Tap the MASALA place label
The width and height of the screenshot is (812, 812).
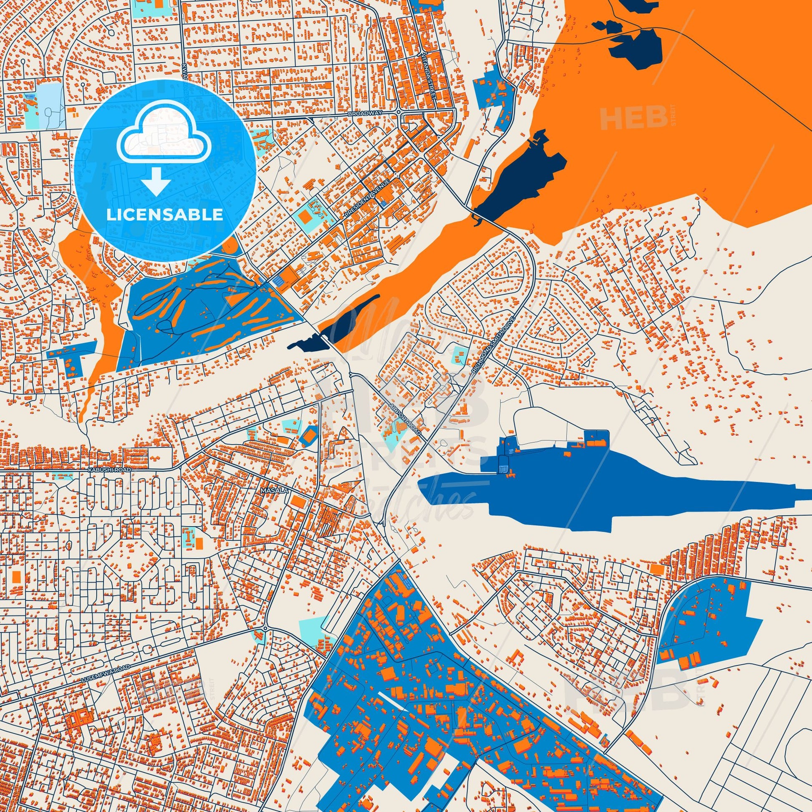point(269,490)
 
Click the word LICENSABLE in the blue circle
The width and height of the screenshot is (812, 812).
point(165,214)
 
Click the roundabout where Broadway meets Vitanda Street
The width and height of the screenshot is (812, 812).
point(398,112)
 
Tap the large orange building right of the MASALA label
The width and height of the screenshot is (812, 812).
point(298,502)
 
